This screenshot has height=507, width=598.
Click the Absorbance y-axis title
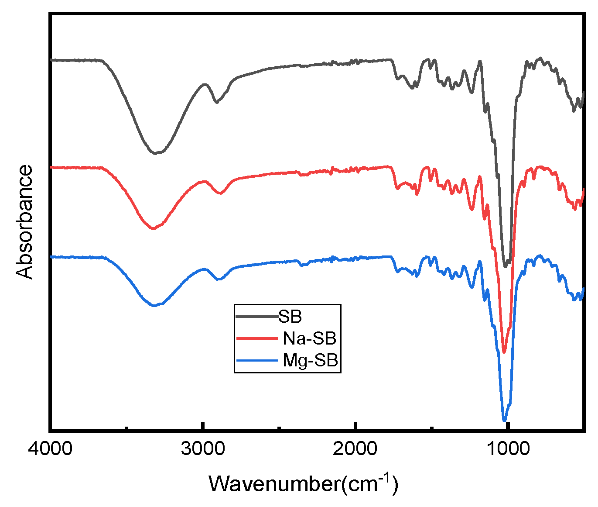click(x=24, y=222)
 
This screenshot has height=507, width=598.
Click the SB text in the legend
click(x=290, y=317)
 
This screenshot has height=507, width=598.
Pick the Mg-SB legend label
click(x=311, y=361)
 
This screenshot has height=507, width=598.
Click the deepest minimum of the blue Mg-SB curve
click(x=505, y=420)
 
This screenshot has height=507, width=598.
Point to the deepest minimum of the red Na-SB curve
click(x=504, y=352)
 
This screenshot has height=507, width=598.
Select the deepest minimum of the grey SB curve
click(x=506, y=266)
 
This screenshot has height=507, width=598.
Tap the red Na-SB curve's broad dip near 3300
click(x=153, y=228)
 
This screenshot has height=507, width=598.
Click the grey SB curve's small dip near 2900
click(x=216, y=102)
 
